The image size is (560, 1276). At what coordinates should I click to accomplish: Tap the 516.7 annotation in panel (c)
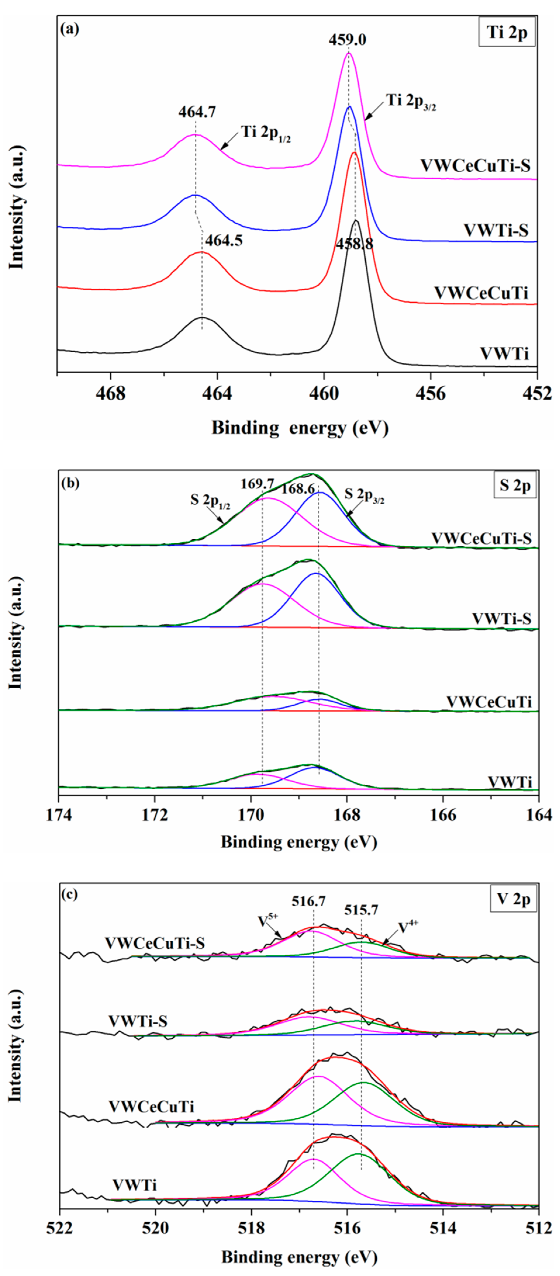coord(308,901)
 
